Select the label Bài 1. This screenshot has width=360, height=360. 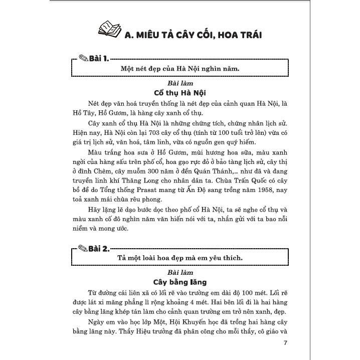pos(98,59)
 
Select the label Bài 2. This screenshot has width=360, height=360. pos(98,248)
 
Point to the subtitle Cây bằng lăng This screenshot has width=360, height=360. pos(180,282)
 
